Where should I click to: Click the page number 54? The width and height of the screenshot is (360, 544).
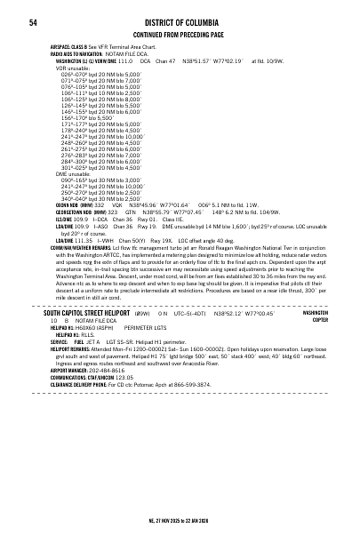pyautogui.click(x=32, y=21)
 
